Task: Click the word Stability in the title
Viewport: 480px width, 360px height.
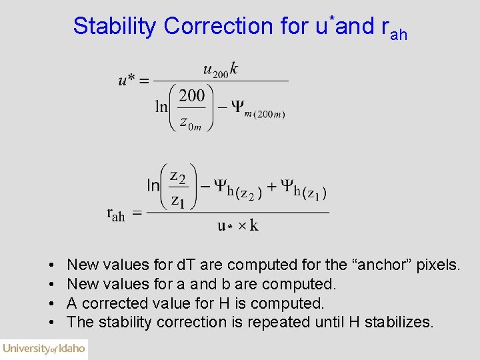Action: click(115, 26)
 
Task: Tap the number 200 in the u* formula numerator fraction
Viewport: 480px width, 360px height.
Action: click(192, 95)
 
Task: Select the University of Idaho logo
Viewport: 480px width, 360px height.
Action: click(44, 349)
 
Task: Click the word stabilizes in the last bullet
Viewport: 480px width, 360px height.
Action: click(400, 323)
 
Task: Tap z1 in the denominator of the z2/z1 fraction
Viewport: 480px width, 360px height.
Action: click(177, 199)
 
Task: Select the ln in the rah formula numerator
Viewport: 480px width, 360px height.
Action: click(153, 185)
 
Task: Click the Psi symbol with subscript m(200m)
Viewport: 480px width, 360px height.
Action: click(238, 106)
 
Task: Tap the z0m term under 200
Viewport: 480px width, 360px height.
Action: click(191, 122)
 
